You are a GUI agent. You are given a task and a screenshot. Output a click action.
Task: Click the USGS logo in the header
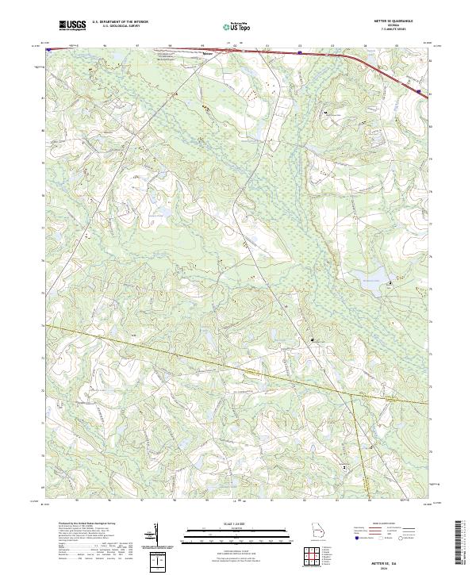pyautogui.click(x=72, y=25)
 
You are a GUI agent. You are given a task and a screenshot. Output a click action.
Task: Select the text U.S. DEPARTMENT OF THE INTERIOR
pyautogui.click(x=120, y=23)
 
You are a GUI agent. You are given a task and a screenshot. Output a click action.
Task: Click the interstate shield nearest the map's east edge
pyautogui.click(x=418, y=92)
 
